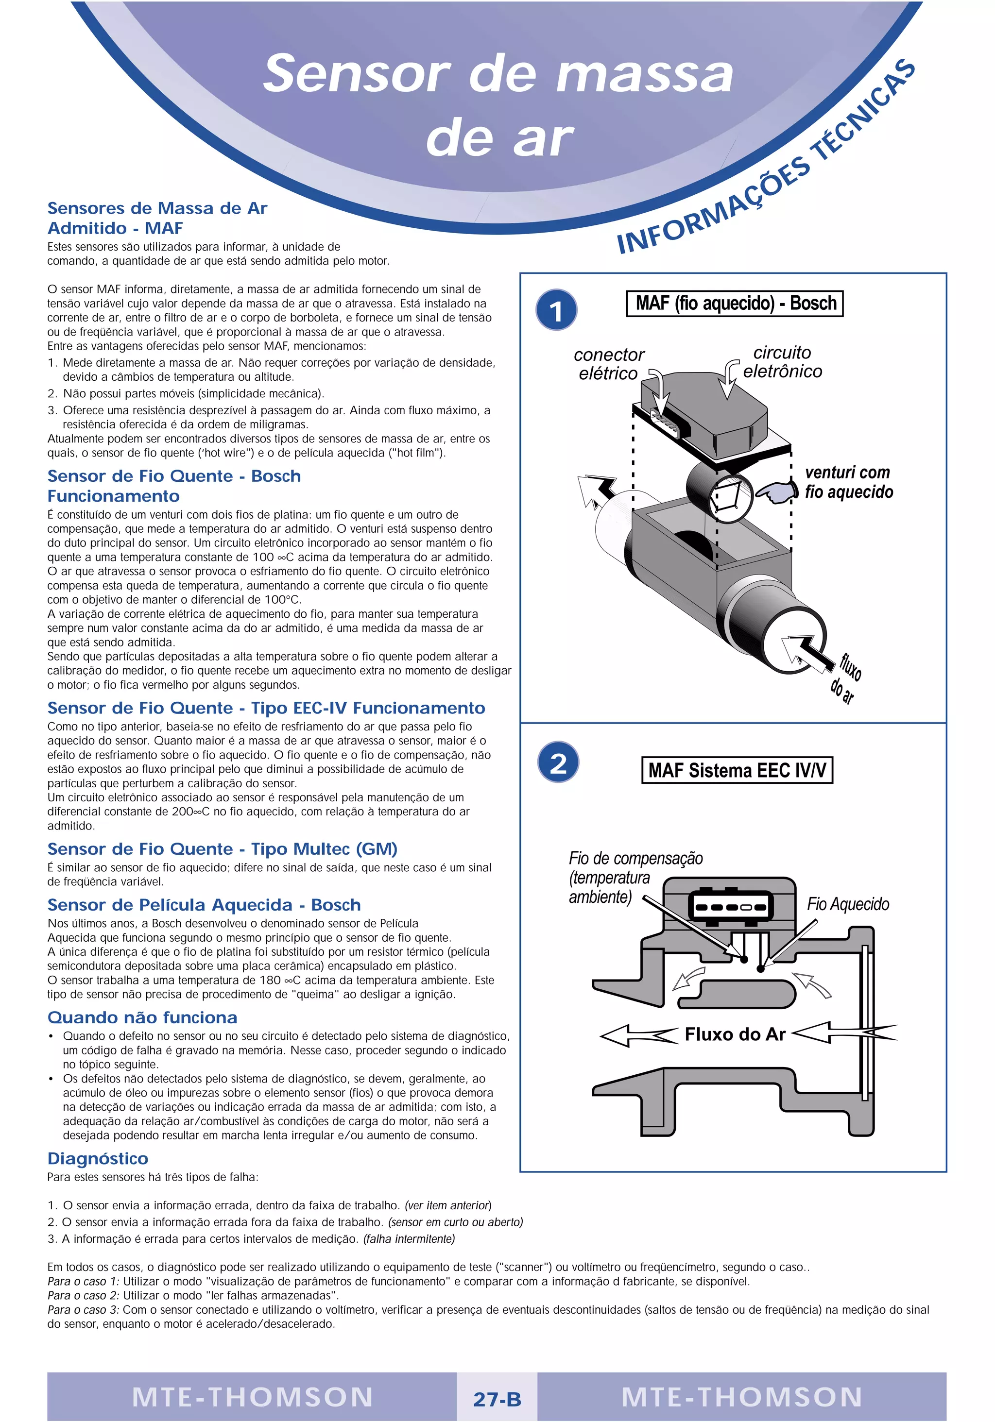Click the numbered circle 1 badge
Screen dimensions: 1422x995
556,310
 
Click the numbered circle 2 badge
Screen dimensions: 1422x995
558,763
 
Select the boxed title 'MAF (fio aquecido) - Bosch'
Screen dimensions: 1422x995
735,304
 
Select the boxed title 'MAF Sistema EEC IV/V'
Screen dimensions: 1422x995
737,770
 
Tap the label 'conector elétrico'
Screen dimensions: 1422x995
608,364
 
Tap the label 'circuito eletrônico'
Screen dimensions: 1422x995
782,362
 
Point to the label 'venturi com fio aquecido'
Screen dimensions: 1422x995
848,482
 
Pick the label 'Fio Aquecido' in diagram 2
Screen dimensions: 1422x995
847,904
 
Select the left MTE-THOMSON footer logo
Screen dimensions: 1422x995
252,1397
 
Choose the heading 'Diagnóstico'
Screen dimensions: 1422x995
98,1158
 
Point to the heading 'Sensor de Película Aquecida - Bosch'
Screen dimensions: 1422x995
204,905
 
